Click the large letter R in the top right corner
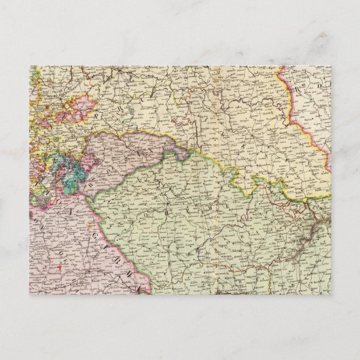(298, 87)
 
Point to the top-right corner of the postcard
(331, 66)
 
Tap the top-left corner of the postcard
(29, 66)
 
